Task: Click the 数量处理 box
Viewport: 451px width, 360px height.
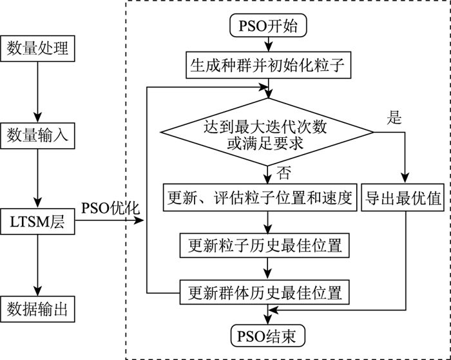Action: pos(37,48)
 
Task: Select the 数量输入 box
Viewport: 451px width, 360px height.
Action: pos(37,136)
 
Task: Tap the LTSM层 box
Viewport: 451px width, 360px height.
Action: pos(37,223)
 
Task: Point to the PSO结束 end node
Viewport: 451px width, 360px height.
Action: pos(267,336)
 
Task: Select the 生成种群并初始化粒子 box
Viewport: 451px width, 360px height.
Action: pos(267,65)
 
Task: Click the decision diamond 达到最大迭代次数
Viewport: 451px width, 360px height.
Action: pos(267,133)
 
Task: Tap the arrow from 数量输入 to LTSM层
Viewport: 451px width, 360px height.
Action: pos(37,180)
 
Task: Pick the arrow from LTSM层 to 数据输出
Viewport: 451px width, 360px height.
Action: pos(37,267)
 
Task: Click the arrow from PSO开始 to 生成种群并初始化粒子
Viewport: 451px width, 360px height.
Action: pos(267,45)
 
